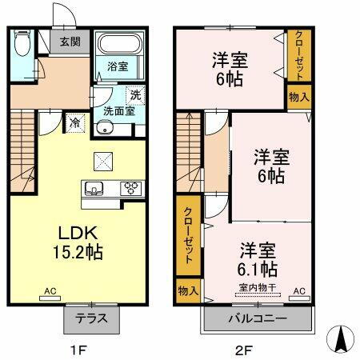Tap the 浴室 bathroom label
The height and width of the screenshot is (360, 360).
tap(118, 66)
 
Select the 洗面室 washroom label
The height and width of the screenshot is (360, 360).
tap(118, 111)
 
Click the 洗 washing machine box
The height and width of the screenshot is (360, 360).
tap(136, 94)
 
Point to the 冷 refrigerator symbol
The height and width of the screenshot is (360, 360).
tap(74, 123)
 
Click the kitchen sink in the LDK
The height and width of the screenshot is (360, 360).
tap(94, 190)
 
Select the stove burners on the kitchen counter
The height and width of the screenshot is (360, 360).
tap(130, 189)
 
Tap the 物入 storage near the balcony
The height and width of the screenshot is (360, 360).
tap(186, 291)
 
